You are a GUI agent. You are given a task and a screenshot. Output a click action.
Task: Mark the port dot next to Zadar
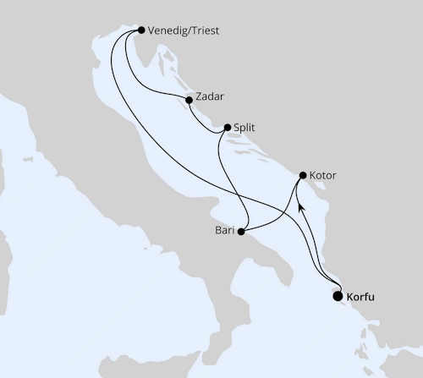pos(189,100)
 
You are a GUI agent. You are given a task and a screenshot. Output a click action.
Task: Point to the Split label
pos(244,128)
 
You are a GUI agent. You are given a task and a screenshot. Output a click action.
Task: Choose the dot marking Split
pos(227,129)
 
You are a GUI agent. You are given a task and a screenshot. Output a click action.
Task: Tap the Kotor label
pos(323,175)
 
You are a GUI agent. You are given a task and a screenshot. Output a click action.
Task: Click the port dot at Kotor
pos(303,176)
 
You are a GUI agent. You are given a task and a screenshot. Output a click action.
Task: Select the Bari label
pos(223,230)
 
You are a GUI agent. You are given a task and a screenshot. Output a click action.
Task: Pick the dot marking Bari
pos(242,230)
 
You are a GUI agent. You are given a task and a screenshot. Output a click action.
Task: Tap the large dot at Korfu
pos(338,296)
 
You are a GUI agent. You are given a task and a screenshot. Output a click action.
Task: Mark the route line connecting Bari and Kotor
pos(279,215)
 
